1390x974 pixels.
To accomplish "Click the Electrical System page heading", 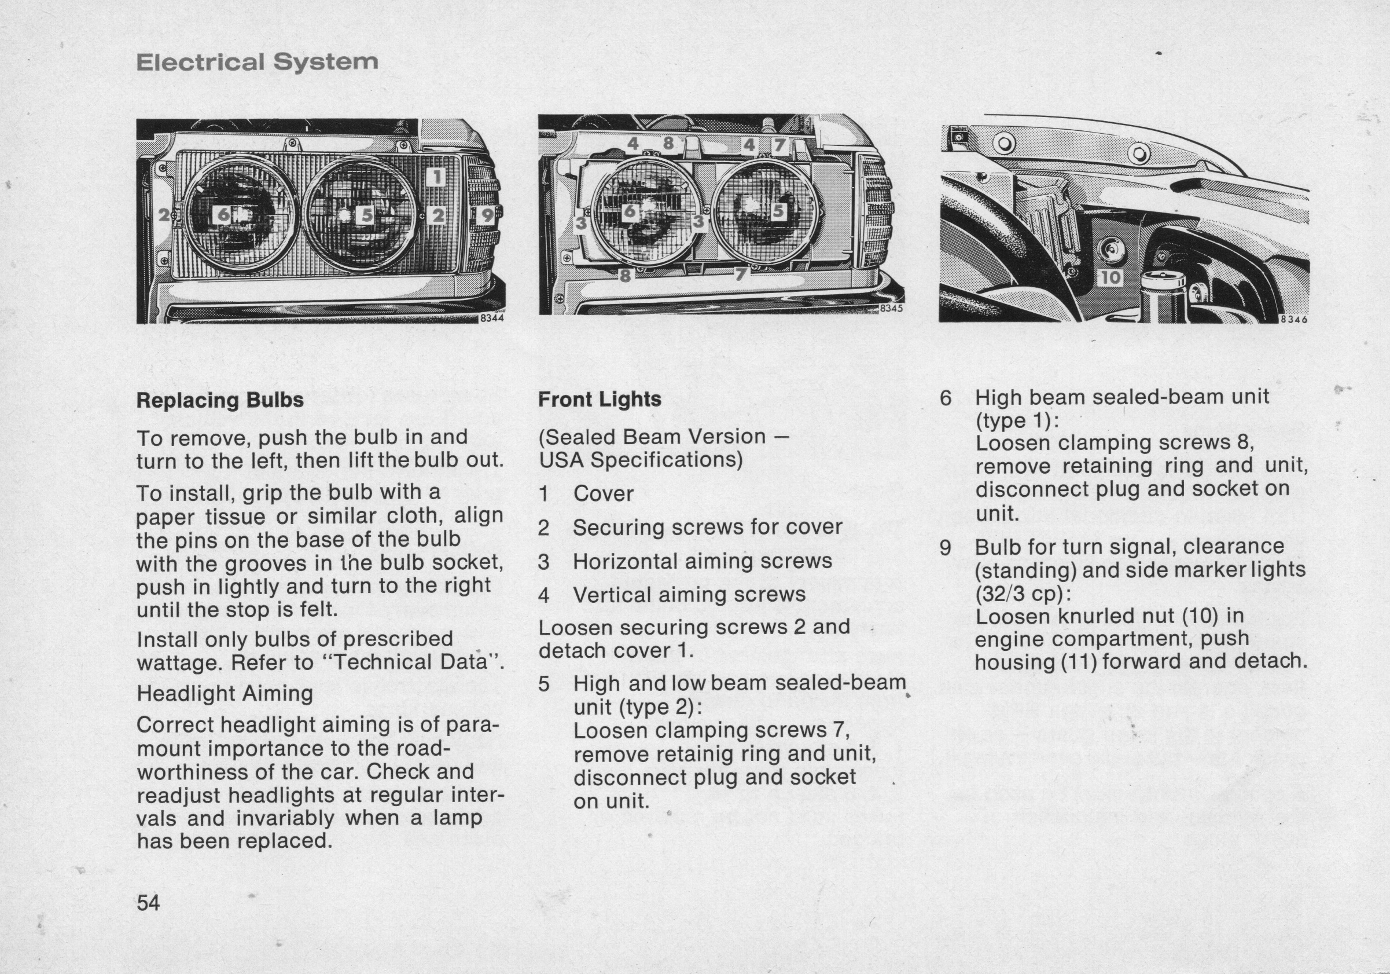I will (258, 62).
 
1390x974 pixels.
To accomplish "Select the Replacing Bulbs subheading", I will (220, 400).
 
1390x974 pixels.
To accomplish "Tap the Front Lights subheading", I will (600, 400).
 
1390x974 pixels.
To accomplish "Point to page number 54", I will (148, 903).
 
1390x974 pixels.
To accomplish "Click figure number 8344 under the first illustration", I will (491, 318).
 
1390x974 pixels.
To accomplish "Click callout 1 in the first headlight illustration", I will (436, 177).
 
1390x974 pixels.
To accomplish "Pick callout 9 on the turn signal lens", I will (487, 214).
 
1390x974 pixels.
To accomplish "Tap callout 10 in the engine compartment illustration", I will (1110, 277).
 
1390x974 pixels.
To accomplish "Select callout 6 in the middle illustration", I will (630, 211).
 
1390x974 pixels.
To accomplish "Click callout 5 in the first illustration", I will (366, 215).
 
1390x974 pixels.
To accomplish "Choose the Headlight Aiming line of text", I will (225, 694).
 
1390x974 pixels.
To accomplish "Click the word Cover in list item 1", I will (603, 494).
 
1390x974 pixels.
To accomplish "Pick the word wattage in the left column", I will (178, 663).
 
